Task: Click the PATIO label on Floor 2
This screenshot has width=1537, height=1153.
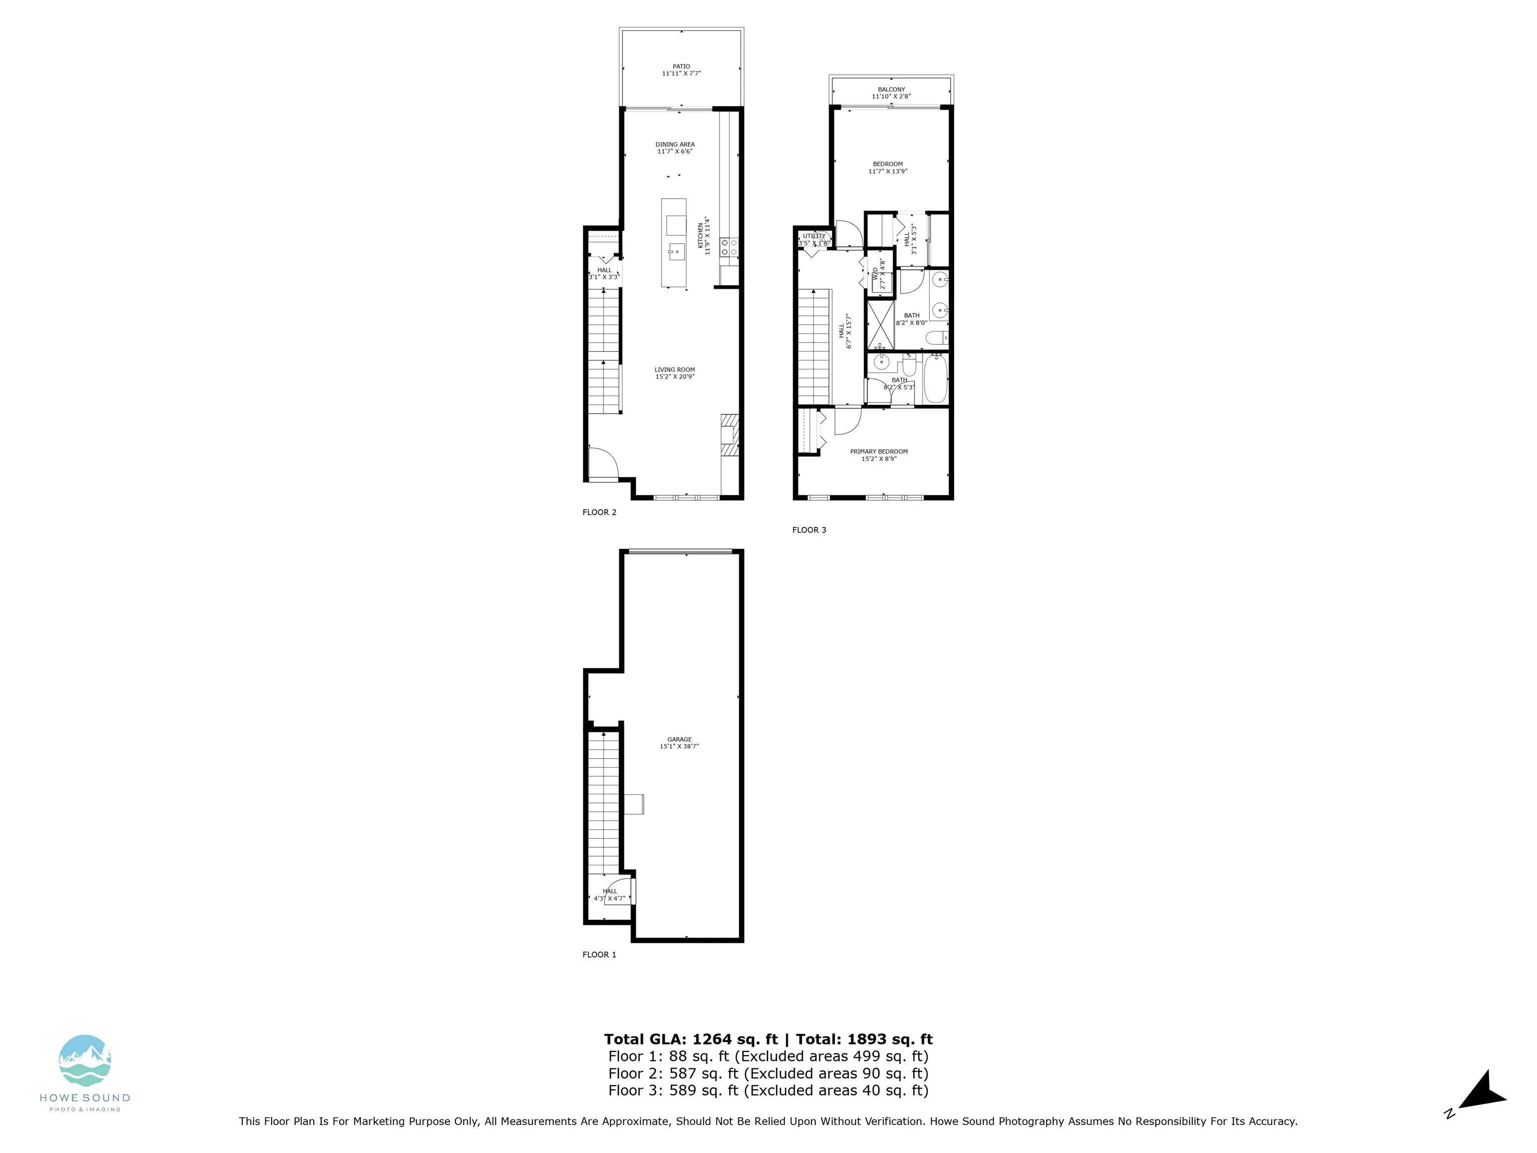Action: click(x=681, y=67)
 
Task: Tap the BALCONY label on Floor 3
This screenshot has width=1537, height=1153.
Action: click(x=892, y=90)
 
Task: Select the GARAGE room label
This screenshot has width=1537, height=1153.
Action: click(x=679, y=740)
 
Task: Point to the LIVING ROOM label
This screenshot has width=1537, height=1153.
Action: click(x=674, y=370)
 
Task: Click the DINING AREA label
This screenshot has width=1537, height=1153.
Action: click(x=675, y=145)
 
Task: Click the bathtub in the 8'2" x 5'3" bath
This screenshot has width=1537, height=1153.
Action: click(x=935, y=379)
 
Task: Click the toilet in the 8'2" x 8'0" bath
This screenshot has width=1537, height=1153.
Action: click(x=937, y=338)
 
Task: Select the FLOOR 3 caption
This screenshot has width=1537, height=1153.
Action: click(x=809, y=529)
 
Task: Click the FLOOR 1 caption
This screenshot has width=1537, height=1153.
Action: click(x=599, y=955)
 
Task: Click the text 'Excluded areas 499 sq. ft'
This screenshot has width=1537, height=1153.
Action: click(x=831, y=1056)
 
